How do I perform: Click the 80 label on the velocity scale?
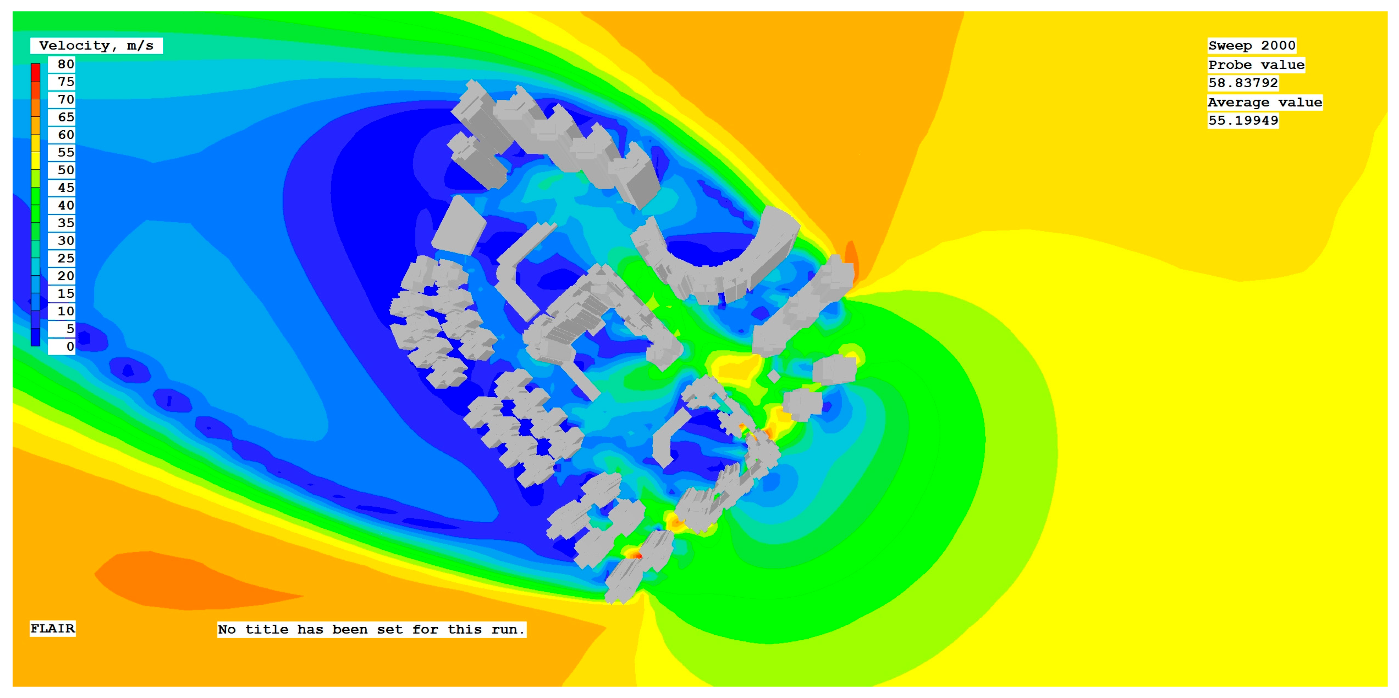[66, 64]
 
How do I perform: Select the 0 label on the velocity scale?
[70, 346]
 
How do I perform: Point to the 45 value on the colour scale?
[66, 188]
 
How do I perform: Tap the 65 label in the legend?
[66, 117]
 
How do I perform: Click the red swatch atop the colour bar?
[35, 72]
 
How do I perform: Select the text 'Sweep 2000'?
[1252, 46]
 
